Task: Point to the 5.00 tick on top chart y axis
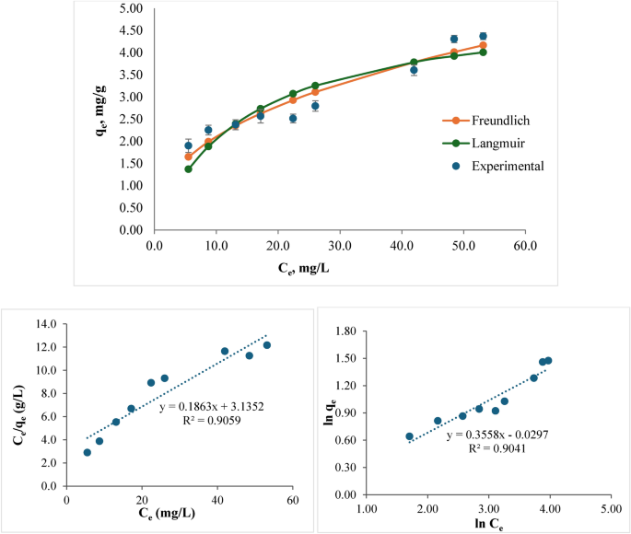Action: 130,8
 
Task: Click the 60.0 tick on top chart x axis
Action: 525,247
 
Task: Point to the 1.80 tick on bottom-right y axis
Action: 345,331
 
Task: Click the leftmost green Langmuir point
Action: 188,168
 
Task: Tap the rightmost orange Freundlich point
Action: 483,45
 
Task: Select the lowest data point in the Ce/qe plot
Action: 87,452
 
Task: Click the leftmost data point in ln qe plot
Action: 410,436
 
